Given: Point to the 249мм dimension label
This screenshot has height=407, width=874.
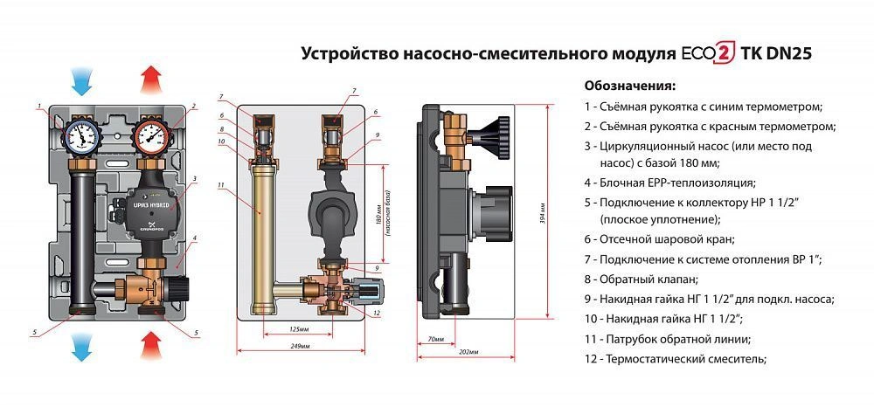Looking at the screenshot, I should click(x=299, y=347).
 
